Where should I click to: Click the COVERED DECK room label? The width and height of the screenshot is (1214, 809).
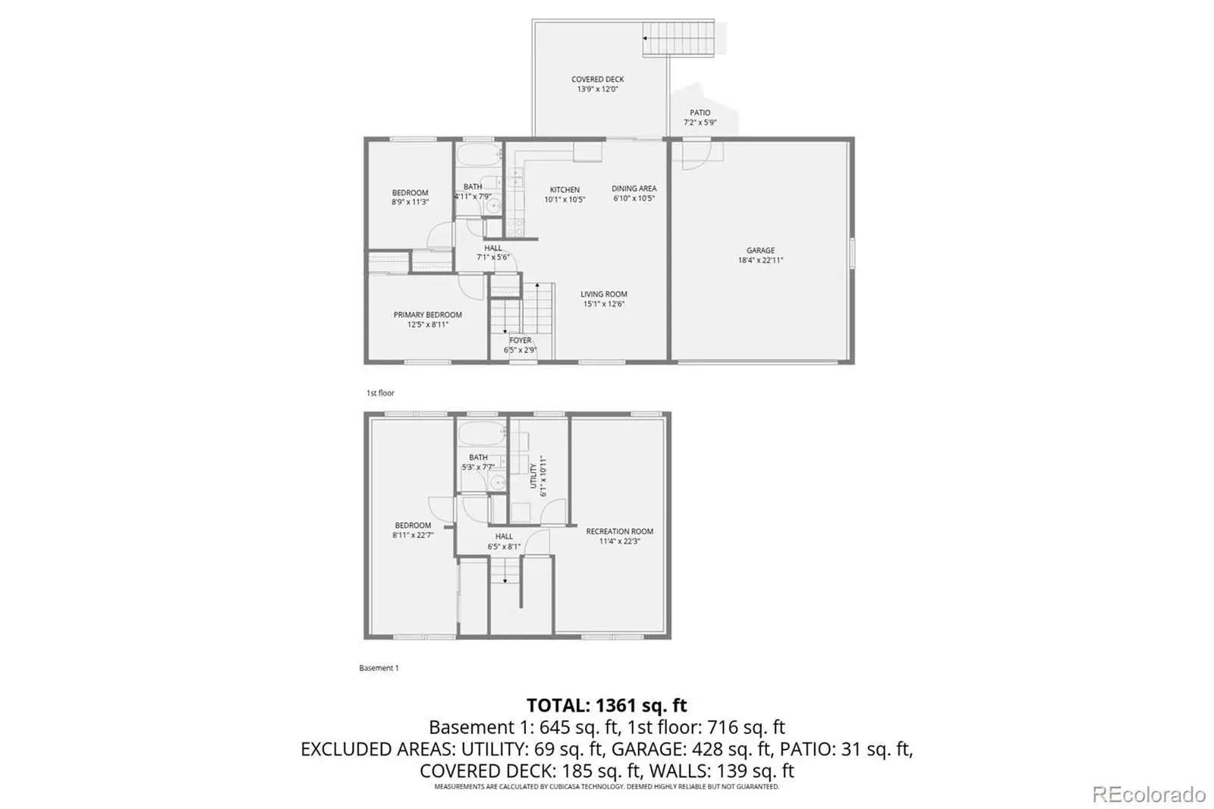(x=597, y=79)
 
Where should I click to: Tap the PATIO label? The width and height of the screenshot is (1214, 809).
(x=700, y=113)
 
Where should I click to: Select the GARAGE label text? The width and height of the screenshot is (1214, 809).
(x=760, y=250)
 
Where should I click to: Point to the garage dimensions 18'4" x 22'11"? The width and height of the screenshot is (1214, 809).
(x=760, y=260)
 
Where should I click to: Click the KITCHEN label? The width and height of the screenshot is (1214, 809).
(x=565, y=190)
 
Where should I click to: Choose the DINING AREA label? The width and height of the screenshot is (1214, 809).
(x=634, y=189)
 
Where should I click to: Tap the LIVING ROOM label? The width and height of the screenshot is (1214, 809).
(x=604, y=294)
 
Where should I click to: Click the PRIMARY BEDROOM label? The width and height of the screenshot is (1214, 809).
(x=428, y=315)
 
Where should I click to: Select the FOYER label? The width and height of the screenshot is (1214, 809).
(x=521, y=341)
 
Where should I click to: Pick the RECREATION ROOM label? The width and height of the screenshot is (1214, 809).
(x=619, y=531)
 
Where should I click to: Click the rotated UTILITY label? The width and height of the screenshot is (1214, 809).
(x=533, y=476)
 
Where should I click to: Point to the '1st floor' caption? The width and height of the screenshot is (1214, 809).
(x=380, y=393)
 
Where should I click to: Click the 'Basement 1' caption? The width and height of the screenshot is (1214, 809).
(x=379, y=668)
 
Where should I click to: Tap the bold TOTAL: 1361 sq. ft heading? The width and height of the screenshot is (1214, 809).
(x=607, y=706)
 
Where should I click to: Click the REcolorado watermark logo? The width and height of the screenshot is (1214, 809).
(x=1149, y=795)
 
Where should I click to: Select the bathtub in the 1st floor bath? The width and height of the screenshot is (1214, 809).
(x=479, y=155)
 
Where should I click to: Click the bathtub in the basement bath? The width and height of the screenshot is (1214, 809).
(x=482, y=434)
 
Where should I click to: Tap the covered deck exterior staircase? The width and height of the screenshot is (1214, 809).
(x=678, y=39)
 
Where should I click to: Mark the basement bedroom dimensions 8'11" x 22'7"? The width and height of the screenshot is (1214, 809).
(x=413, y=535)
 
